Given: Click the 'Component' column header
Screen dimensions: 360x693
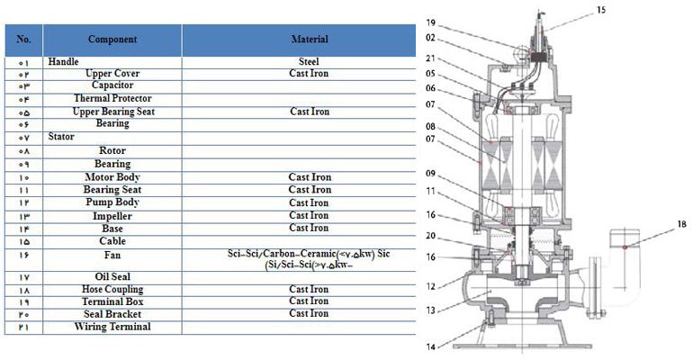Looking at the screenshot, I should coord(112,40).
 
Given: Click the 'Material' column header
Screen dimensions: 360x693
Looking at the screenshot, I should coord(309,40).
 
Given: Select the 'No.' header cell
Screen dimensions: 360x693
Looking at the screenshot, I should coord(23,40).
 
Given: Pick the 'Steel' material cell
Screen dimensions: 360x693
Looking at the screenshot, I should coord(309,61).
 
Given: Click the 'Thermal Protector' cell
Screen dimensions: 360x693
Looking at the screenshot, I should coord(112,98).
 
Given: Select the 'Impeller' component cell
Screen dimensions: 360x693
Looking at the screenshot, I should coord(112,216).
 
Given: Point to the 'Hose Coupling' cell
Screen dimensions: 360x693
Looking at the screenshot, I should coord(112,290).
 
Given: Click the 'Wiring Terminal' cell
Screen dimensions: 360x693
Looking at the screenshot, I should coord(112,326).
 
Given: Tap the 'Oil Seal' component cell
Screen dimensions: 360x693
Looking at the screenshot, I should coord(112,276).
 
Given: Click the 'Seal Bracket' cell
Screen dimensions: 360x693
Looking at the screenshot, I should coord(112,313).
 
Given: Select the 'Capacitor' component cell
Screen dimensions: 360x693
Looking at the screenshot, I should coord(112,85).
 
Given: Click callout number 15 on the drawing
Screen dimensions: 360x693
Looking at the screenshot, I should coord(600,11).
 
